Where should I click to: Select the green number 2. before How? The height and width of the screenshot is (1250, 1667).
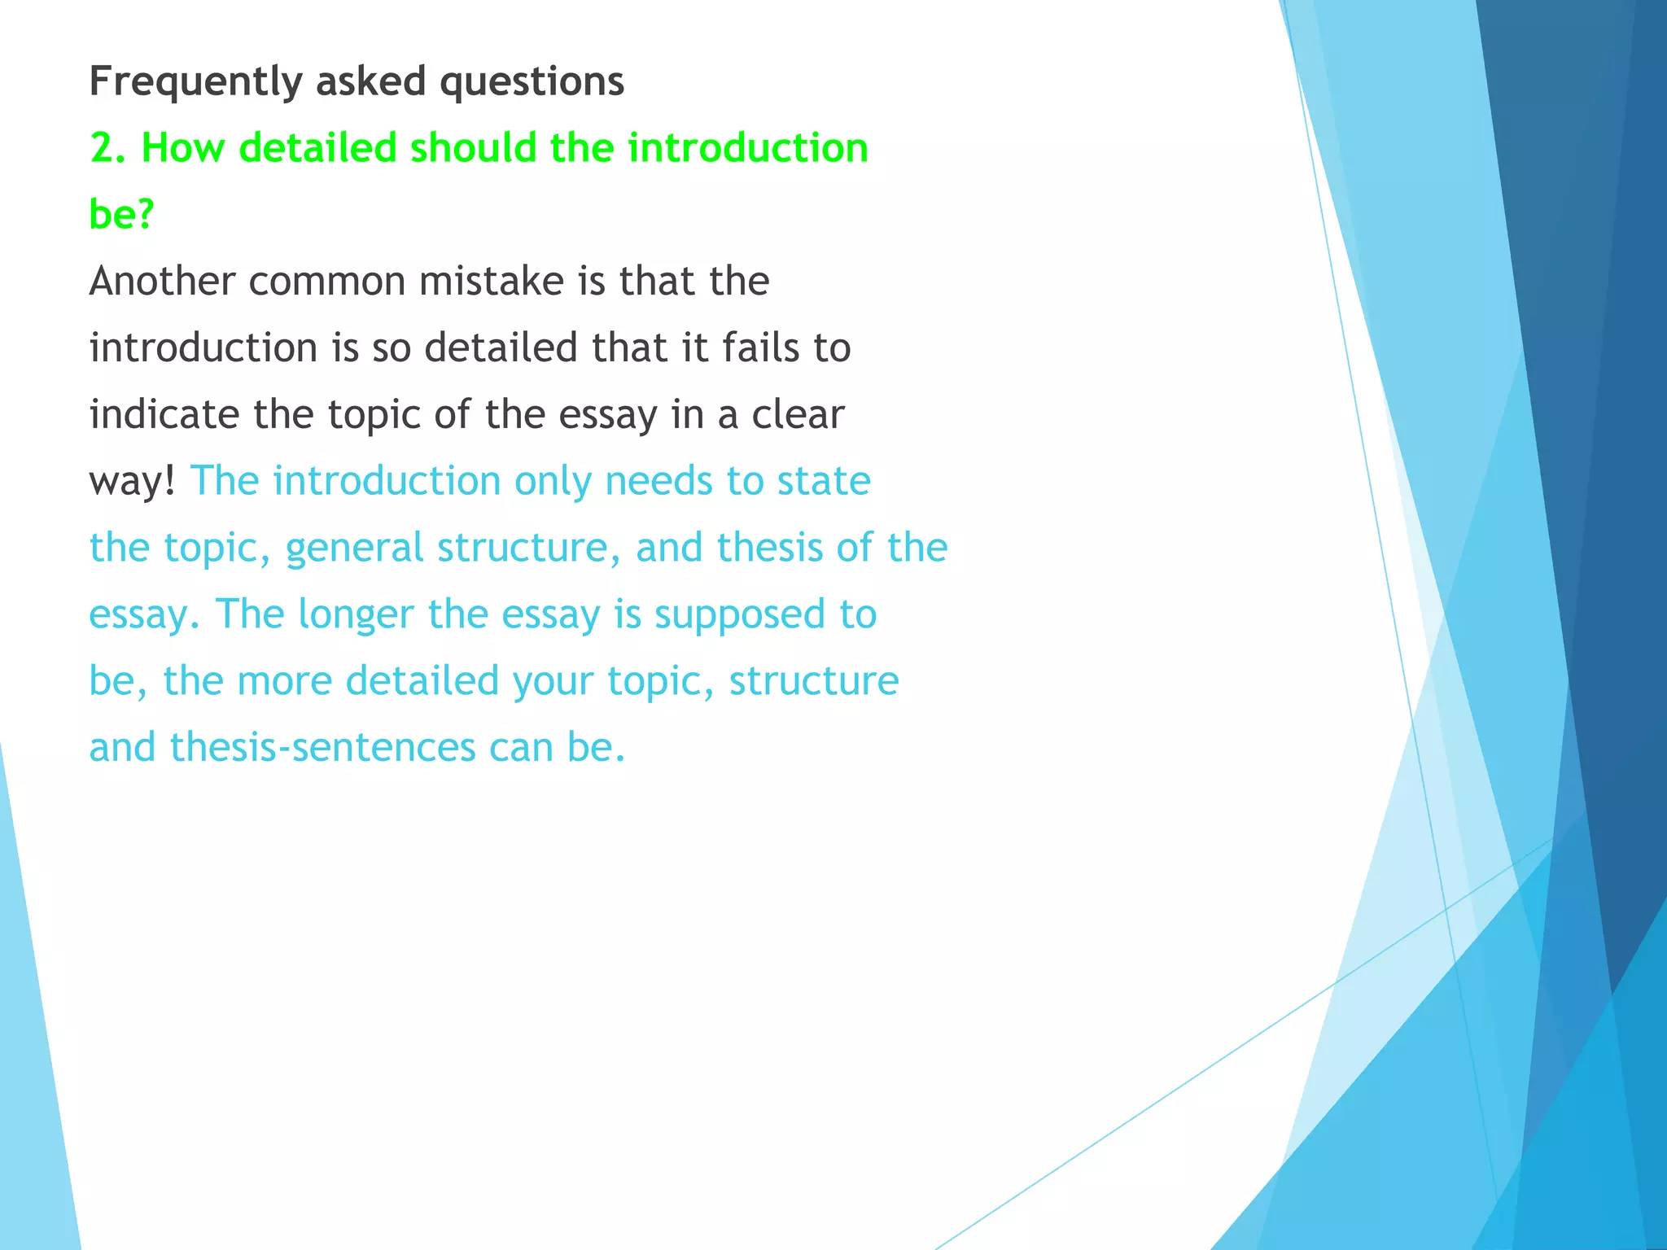pos(107,149)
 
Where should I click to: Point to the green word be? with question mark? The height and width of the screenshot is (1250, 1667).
pos(121,215)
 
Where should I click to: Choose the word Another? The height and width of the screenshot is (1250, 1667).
pos(162,282)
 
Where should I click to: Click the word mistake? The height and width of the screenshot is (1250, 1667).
pos(492,282)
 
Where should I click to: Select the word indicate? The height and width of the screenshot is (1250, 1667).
pos(164,415)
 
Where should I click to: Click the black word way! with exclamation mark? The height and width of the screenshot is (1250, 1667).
pos(132,482)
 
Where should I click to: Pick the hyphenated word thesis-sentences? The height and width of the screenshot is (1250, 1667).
pos(322,748)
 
